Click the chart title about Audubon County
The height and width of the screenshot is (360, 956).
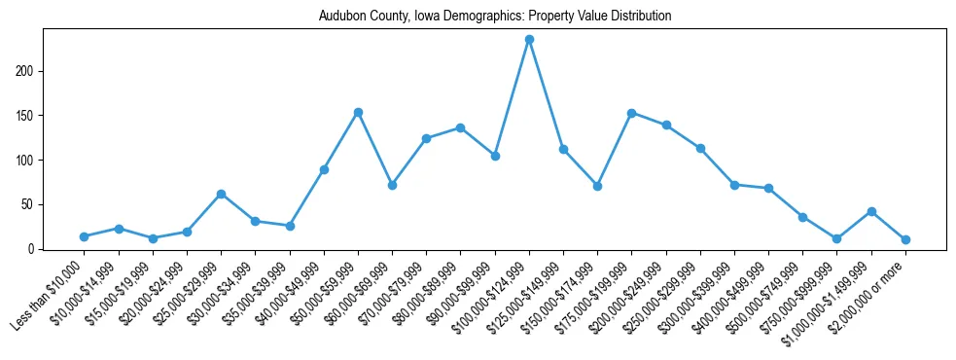pyautogui.click(x=495, y=17)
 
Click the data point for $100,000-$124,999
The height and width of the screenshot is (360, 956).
pyautogui.click(x=529, y=40)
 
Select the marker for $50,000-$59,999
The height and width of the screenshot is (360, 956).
pyautogui.click(x=358, y=113)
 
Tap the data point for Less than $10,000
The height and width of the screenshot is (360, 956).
pyautogui.click(x=85, y=236)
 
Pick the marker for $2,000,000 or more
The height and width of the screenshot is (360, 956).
pyautogui.click(x=905, y=239)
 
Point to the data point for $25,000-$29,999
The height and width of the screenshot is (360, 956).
pyautogui.click(x=221, y=194)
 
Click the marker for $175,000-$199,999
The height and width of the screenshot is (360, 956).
pyautogui.click(x=631, y=113)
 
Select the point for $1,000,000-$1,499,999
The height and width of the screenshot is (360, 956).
pyautogui.click(x=871, y=211)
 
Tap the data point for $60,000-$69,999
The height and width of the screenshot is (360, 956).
pyautogui.click(x=392, y=185)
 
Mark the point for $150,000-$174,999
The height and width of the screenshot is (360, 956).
pyautogui.click(x=597, y=186)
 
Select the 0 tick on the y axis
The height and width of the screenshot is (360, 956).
pyautogui.click(x=34, y=249)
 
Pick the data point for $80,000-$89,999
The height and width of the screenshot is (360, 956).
pyautogui.click(x=460, y=127)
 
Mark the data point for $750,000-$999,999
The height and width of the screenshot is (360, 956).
pyautogui.click(x=836, y=238)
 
